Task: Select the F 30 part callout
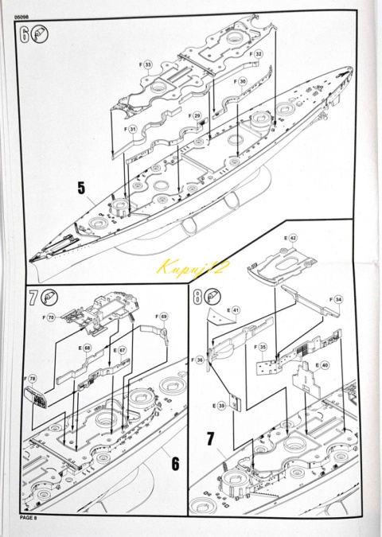(243, 82)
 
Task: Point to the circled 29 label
(197, 116)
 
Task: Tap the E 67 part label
(121, 350)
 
